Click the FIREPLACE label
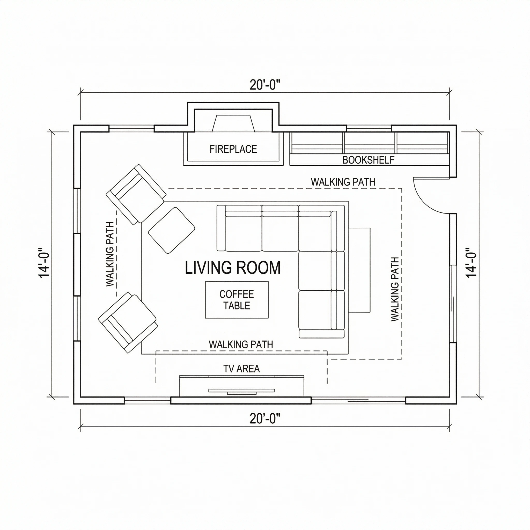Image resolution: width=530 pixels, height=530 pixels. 233,149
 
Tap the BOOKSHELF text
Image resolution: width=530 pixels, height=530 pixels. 368,160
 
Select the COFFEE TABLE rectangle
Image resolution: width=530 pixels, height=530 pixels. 237,300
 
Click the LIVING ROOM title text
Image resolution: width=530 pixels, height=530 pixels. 233,268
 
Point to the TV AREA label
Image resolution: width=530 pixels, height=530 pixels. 241,369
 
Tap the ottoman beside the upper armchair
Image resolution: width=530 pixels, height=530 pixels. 172,230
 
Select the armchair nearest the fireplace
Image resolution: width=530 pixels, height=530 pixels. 136,194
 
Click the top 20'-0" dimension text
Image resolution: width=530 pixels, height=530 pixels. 265,85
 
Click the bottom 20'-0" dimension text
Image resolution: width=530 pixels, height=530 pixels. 265,419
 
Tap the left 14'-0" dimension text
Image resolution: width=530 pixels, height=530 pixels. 44,263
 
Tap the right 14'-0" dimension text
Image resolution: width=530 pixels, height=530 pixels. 471,263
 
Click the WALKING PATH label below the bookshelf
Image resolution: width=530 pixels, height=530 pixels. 343,182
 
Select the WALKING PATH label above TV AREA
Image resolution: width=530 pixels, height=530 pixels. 241,344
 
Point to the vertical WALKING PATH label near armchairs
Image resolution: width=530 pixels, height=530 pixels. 110,254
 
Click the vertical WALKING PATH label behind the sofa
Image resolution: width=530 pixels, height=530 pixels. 394,289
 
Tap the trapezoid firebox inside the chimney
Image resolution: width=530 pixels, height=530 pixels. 233,123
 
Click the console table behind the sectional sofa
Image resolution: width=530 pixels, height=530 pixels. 359,270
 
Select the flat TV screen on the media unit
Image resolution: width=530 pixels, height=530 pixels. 241,390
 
